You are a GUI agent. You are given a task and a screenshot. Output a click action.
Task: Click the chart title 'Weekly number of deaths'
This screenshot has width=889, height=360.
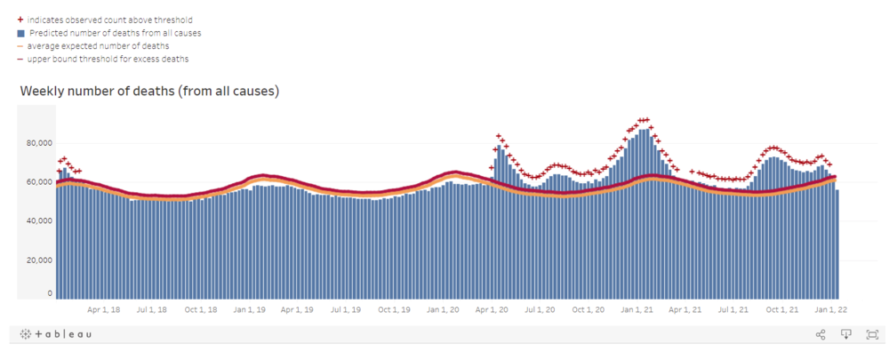(x=149, y=91)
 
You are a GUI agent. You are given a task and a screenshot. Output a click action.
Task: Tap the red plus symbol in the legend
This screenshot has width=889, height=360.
(x=20, y=20)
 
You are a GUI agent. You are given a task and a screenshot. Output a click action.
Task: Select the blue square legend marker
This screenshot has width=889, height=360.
(x=20, y=33)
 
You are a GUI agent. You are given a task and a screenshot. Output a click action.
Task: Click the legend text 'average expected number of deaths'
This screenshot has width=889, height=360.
(x=98, y=45)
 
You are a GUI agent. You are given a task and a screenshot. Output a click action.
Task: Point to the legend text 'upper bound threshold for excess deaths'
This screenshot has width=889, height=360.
(x=108, y=59)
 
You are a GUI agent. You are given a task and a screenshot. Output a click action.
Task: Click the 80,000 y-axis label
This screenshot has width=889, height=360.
(x=39, y=143)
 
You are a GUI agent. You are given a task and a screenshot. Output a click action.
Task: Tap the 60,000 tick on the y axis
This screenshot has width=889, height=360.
(x=39, y=182)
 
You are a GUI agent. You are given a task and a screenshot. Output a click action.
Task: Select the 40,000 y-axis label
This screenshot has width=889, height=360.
(x=39, y=221)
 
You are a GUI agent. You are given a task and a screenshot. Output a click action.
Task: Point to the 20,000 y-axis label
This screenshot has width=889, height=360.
(x=39, y=260)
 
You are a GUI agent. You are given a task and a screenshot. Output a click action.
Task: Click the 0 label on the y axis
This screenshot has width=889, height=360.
(x=50, y=293)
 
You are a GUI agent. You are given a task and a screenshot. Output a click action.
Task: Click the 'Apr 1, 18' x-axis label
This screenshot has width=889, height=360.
(x=104, y=310)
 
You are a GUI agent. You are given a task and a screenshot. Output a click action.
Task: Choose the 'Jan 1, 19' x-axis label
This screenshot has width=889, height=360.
(x=250, y=310)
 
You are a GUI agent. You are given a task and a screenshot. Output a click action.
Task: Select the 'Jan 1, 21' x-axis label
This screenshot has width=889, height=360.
(x=637, y=310)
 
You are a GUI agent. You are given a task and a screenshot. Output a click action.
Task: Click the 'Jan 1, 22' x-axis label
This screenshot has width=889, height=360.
(x=831, y=310)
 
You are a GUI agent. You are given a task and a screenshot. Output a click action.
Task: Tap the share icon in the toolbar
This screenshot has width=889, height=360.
(x=821, y=334)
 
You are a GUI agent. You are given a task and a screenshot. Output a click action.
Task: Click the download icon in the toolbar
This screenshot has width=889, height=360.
(x=846, y=334)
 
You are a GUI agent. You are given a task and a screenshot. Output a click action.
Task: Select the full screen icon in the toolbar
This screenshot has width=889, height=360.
(x=872, y=334)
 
